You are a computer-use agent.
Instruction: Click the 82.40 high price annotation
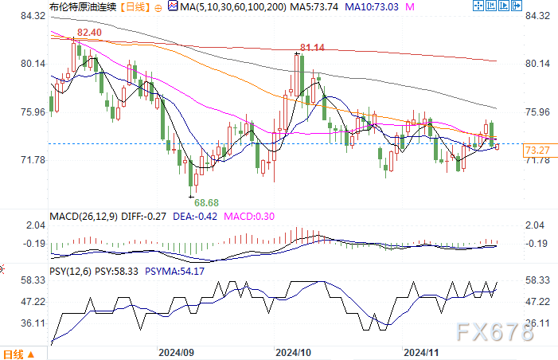point(89,33)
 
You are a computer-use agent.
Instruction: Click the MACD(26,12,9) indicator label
point(83,216)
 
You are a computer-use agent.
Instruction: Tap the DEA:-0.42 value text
point(197,216)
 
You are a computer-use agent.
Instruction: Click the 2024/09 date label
point(177,351)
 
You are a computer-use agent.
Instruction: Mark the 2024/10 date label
point(295,351)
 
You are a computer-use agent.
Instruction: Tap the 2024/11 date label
point(423,351)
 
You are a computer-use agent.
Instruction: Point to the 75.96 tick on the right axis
point(539,112)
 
